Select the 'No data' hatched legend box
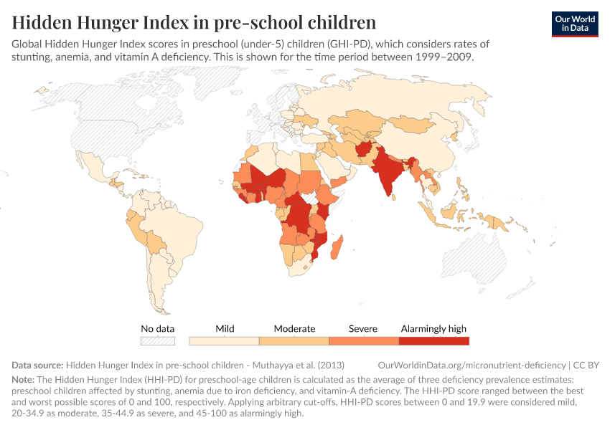(x=158, y=341)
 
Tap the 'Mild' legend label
(x=225, y=329)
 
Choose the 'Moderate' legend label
(x=294, y=329)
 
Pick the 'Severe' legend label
(x=363, y=329)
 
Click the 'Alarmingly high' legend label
(x=433, y=329)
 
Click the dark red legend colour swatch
(x=433, y=341)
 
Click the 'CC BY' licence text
(x=586, y=365)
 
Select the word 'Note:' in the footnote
(x=25, y=378)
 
